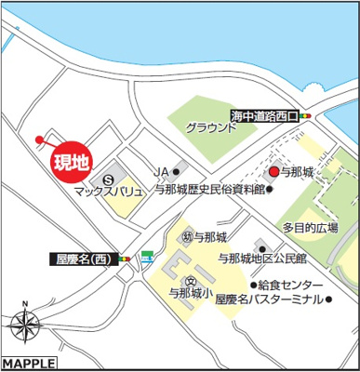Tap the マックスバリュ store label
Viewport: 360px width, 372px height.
(x=108, y=191)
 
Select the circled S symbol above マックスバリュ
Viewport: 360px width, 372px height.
(x=108, y=178)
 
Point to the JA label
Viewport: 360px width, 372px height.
(x=160, y=172)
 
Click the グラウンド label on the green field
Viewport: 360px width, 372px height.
(x=211, y=128)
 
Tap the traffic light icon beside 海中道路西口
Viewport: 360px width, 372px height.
(x=307, y=116)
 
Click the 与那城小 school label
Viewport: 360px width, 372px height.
(x=192, y=291)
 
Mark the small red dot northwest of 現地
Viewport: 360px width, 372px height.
(x=38, y=140)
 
